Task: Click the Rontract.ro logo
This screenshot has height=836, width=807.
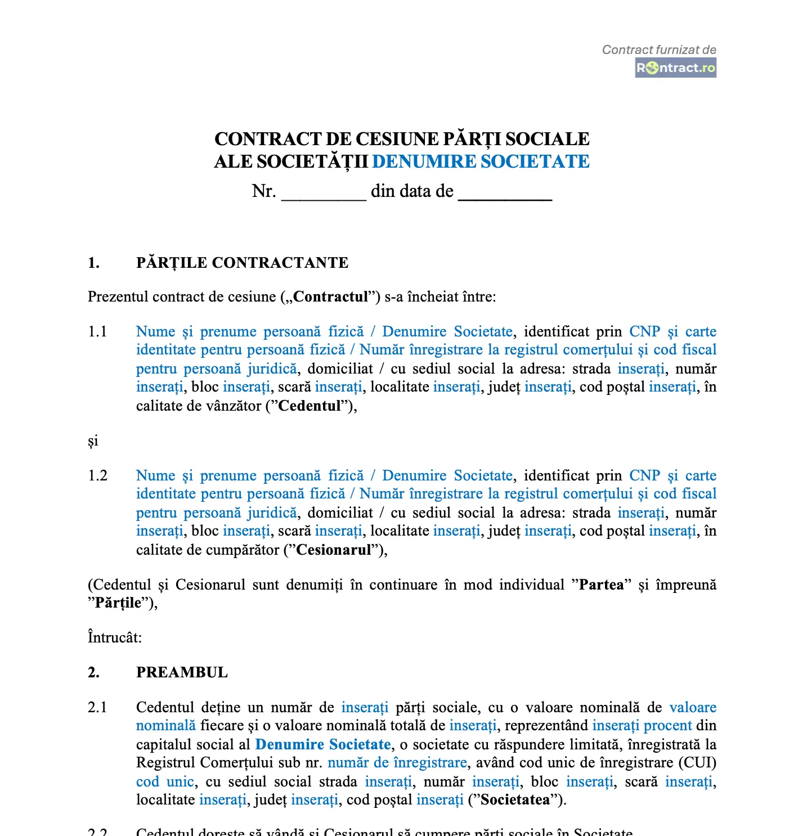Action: [675, 68]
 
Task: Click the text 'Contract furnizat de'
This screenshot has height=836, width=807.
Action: [659, 50]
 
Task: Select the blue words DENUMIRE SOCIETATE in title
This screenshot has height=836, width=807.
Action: [481, 161]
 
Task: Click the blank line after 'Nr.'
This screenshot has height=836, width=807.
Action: [324, 193]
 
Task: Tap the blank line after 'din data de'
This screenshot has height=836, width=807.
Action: [505, 193]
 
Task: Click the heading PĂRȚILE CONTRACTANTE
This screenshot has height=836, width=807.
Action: [242, 263]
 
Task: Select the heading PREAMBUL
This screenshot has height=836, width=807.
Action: [182, 672]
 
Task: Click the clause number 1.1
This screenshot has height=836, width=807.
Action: [97, 331]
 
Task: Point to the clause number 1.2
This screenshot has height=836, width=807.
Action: [97, 475]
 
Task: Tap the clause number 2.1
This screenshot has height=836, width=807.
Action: [97, 707]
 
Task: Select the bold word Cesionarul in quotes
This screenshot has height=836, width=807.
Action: [334, 550]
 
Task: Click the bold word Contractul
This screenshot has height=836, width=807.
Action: [330, 296]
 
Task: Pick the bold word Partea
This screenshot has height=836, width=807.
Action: [602, 585]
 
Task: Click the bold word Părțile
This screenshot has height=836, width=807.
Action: [118, 603]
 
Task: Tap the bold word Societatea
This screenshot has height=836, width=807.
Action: [514, 799]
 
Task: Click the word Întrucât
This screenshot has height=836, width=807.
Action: [115, 637]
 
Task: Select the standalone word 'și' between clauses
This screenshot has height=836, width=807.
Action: [93, 441]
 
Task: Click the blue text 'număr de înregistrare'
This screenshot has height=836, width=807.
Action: [397, 762]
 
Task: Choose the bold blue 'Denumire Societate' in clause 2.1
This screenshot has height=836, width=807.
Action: [323, 744]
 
